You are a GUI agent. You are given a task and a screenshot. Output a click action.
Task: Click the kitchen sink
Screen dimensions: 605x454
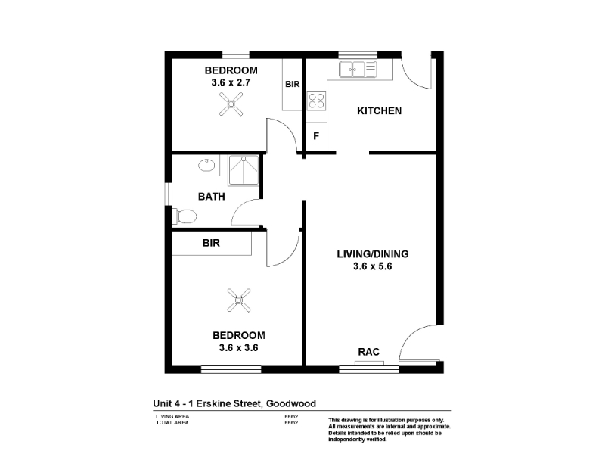point(358,70)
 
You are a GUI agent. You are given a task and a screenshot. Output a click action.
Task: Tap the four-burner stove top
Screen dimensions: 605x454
point(316,101)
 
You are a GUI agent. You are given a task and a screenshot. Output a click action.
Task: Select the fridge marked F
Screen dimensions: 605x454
point(316,136)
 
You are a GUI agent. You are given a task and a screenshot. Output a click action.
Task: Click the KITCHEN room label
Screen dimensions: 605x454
point(380,111)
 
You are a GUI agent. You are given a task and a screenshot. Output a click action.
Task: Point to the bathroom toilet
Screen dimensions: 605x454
point(185,216)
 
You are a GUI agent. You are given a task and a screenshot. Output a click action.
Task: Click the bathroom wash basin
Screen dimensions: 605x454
point(206,166)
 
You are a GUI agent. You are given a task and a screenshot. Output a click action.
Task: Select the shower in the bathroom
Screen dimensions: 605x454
point(244,170)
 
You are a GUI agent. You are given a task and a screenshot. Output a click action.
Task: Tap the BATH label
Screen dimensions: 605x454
point(212,197)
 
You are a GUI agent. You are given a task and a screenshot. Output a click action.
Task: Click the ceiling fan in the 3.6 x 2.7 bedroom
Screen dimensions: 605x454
point(231,104)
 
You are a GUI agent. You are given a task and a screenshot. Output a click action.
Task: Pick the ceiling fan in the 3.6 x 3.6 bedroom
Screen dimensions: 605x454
point(239,300)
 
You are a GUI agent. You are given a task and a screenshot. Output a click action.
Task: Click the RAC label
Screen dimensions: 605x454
point(369,352)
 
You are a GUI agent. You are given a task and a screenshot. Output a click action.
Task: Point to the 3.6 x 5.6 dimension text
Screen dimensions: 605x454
point(373,266)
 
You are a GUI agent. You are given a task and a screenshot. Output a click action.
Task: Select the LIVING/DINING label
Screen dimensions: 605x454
point(373,254)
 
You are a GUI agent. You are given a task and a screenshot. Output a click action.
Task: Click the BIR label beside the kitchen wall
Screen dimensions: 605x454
point(293,84)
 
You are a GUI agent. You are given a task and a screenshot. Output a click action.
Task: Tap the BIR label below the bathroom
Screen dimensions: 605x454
point(211,243)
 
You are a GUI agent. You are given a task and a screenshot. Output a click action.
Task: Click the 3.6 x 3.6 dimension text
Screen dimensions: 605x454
point(239,347)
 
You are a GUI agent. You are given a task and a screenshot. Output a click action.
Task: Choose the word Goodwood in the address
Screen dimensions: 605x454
point(291,403)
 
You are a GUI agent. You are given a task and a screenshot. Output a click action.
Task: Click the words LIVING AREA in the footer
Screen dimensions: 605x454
point(172,417)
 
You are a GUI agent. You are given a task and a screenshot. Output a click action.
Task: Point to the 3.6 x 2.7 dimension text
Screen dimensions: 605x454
point(231,82)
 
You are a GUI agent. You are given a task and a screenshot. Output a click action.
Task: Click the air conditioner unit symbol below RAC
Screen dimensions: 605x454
point(369,363)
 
